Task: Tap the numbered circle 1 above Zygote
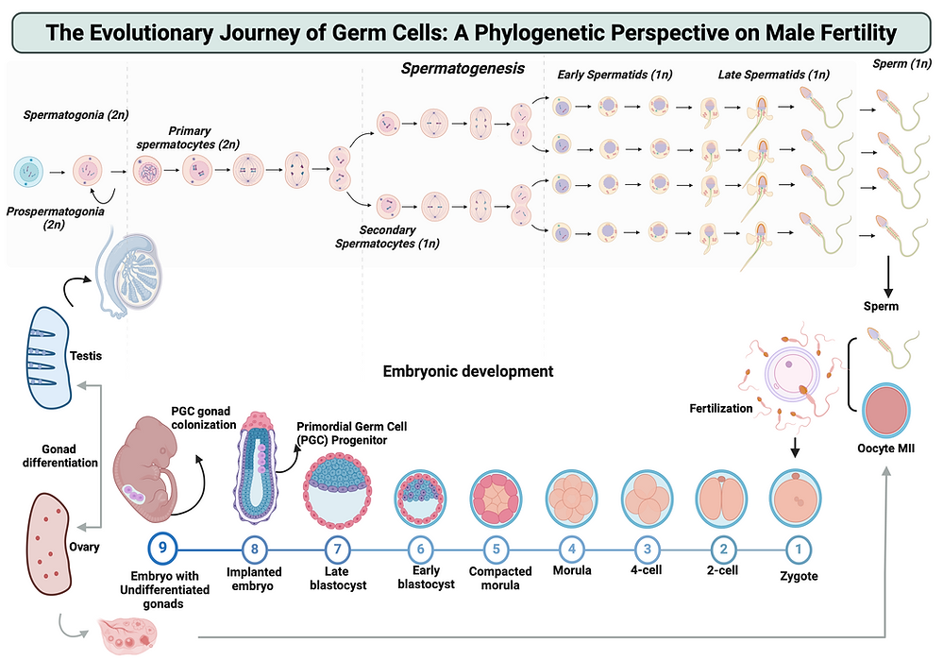coord(798,547)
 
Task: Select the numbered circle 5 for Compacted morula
coord(495,547)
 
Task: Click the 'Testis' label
coord(86,356)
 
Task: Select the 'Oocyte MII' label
coord(888,447)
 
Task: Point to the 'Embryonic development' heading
coord(467,372)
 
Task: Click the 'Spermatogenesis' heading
coord(463,69)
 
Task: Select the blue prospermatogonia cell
coord(28,172)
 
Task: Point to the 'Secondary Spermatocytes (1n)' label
coord(387,236)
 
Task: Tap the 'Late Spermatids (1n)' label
coord(773,75)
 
